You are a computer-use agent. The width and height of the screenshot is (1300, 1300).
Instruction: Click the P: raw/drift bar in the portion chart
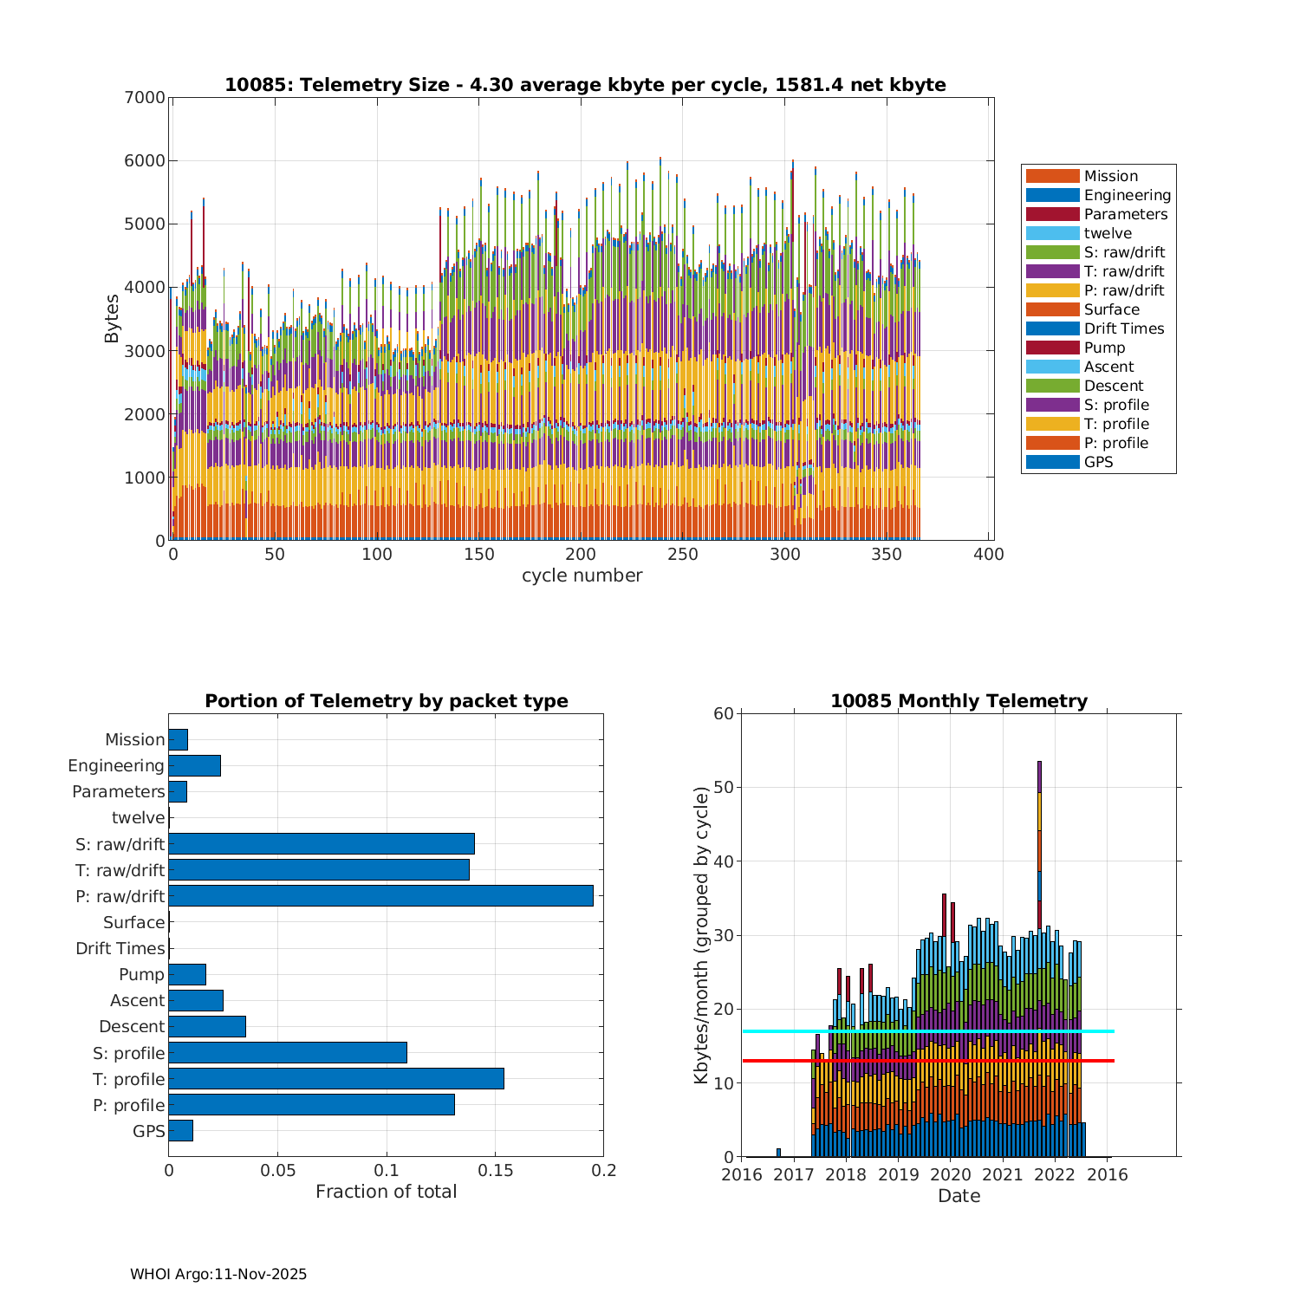tap(380, 896)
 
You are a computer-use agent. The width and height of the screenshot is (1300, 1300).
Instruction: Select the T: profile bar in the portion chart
tap(336, 1079)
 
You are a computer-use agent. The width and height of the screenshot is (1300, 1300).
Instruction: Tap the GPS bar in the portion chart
tap(180, 1131)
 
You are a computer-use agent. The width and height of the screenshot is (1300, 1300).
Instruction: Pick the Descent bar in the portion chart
tap(207, 1027)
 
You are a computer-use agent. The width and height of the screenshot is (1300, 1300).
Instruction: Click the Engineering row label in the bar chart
tap(116, 766)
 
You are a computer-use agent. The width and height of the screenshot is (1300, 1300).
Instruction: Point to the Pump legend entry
tap(1104, 348)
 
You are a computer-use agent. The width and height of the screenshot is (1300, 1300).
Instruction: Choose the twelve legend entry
tap(1108, 233)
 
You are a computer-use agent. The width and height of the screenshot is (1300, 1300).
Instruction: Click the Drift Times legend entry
tap(1123, 328)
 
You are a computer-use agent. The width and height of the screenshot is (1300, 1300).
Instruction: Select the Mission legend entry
tap(1110, 176)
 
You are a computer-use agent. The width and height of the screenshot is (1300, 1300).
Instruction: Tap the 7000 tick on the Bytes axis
tap(144, 97)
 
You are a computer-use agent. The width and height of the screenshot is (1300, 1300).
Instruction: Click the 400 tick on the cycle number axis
tap(990, 555)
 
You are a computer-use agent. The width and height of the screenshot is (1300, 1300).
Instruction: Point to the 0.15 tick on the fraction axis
tap(495, 1171)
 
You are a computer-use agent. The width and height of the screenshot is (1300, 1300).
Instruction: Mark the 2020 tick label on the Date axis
tap(951, 1175)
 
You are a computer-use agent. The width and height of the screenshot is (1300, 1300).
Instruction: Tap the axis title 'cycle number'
tap(582, 576)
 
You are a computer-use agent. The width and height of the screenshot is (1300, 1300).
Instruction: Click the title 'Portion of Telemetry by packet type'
tap(387, 701)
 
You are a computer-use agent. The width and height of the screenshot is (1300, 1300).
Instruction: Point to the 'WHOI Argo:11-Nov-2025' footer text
tap(218, 1275)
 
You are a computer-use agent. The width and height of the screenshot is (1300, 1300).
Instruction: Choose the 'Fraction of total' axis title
tap(386, 1193)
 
